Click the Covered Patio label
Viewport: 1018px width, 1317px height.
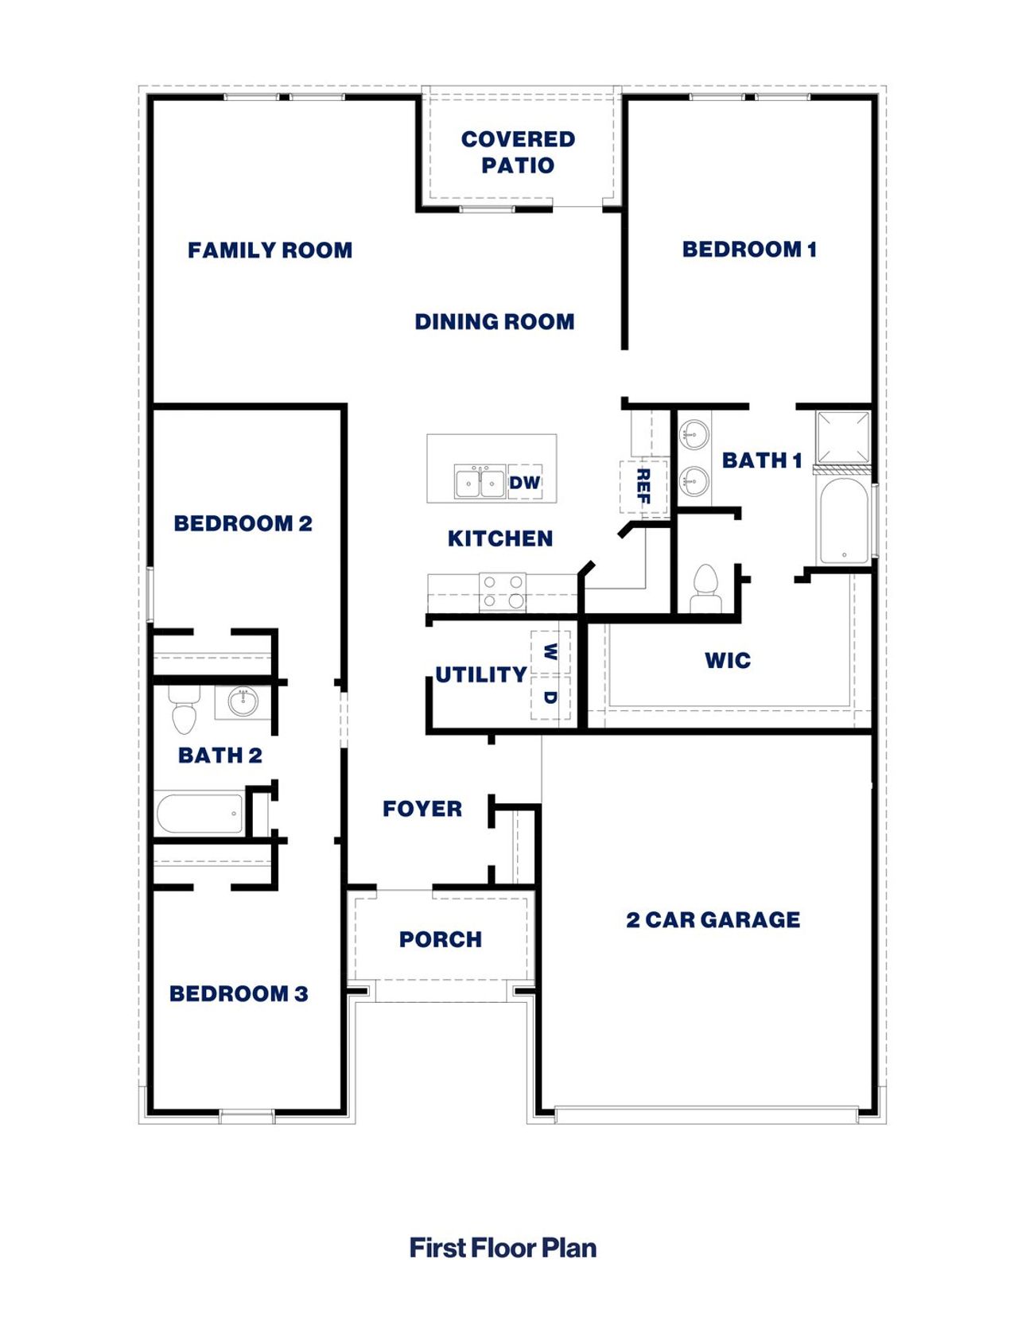(x=518, y=152)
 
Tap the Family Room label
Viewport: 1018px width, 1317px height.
(x=270, y=251)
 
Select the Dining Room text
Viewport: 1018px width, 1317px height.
(x=494, y=322)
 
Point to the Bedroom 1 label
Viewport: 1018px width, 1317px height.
(x=749, y=250)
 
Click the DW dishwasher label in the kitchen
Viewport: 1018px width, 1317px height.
(x=524, y=483)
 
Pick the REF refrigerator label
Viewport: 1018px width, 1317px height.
(x=643, y=486)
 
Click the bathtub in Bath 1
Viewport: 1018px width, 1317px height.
(x=844, y=520)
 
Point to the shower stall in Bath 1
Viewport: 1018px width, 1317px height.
(x=844, y=437)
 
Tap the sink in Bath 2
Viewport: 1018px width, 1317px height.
(x=242, y=701)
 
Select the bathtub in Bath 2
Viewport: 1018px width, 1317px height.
(x=200, y=814)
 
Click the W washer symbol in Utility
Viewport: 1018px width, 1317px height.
(x=550, y=652)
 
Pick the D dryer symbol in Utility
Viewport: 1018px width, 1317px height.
(x=550, y=697)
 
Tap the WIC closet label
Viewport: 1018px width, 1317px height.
(x=727, y=660)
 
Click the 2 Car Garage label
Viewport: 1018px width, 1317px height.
(x=713, y=920)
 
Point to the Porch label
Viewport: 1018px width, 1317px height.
(x=440, y=940)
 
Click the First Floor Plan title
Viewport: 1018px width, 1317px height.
(x=503, y=1248)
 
